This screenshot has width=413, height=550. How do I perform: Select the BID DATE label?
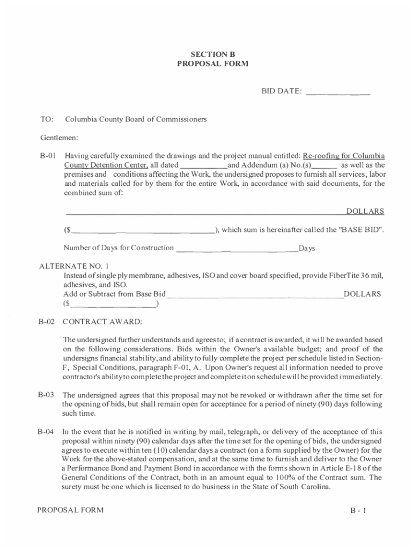click(x=281, y=91)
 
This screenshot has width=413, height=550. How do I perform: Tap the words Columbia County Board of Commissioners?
click(x=136, y=119)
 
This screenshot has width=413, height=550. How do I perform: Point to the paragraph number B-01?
click(x=47, y=156)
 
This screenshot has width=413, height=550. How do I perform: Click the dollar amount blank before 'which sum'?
click(x=143, y=231)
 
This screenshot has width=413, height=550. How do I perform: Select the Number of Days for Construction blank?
click(x=237, y=249)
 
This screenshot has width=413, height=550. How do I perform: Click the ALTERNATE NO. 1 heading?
click(x=75, y=266)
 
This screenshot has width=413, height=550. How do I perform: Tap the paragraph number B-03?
click(x=47, y=394)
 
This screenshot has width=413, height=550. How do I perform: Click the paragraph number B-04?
click(x=47, y=431)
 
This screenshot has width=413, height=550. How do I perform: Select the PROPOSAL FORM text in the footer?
click(x=70, y=510)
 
